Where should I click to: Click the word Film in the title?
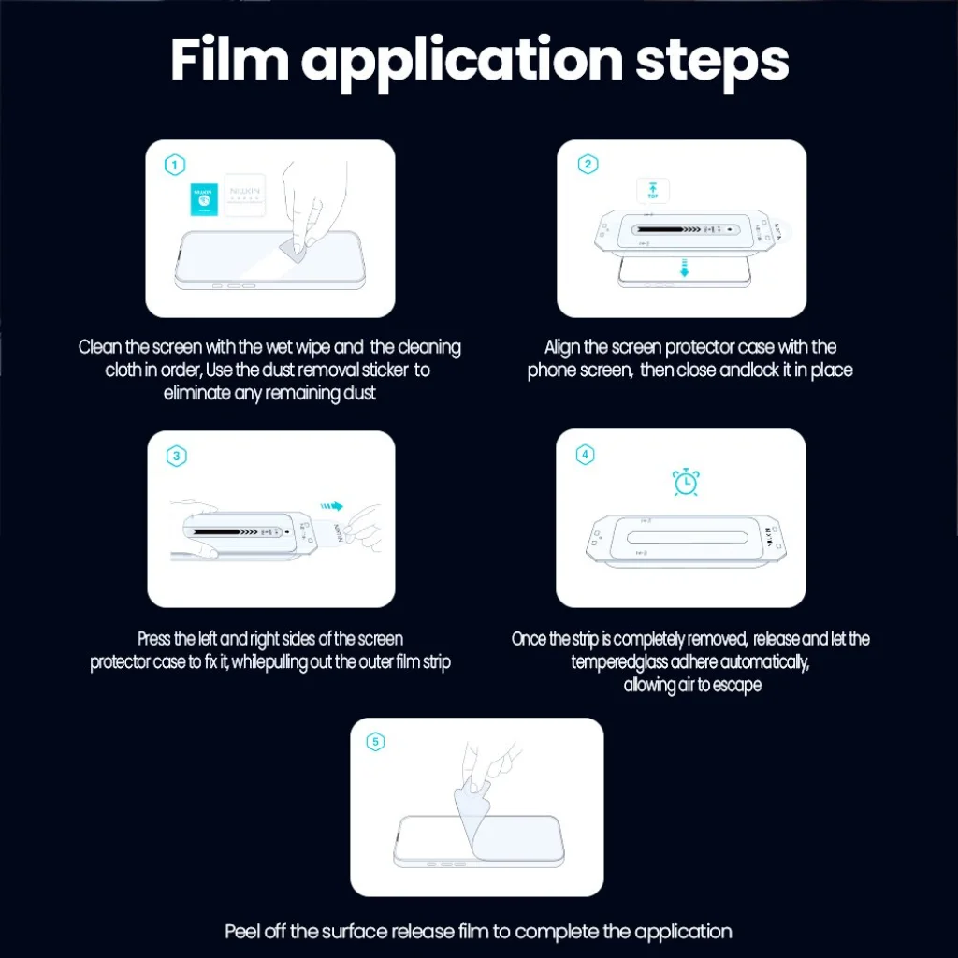pos(229,60)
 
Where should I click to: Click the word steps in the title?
pos(712,64)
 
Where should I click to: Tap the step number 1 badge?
pos(175,165)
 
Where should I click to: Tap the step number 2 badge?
pos(588,164)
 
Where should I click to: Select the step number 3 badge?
pos(177,456)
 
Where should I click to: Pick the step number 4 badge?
pos(586,455)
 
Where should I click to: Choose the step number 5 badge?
pos(375,742)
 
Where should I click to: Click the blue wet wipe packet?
pos(204,199)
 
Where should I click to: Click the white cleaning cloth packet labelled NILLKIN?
pos(245,195)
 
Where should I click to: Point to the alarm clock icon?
pos(686,482)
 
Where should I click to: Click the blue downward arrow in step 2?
pos(684,268)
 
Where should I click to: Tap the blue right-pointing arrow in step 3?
pos(332,506)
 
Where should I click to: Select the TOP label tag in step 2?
pos(653,191)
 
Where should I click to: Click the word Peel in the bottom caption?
pos(242,932)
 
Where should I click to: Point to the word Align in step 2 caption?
pos(561,348)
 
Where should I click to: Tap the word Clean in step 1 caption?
pos(100,347)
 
